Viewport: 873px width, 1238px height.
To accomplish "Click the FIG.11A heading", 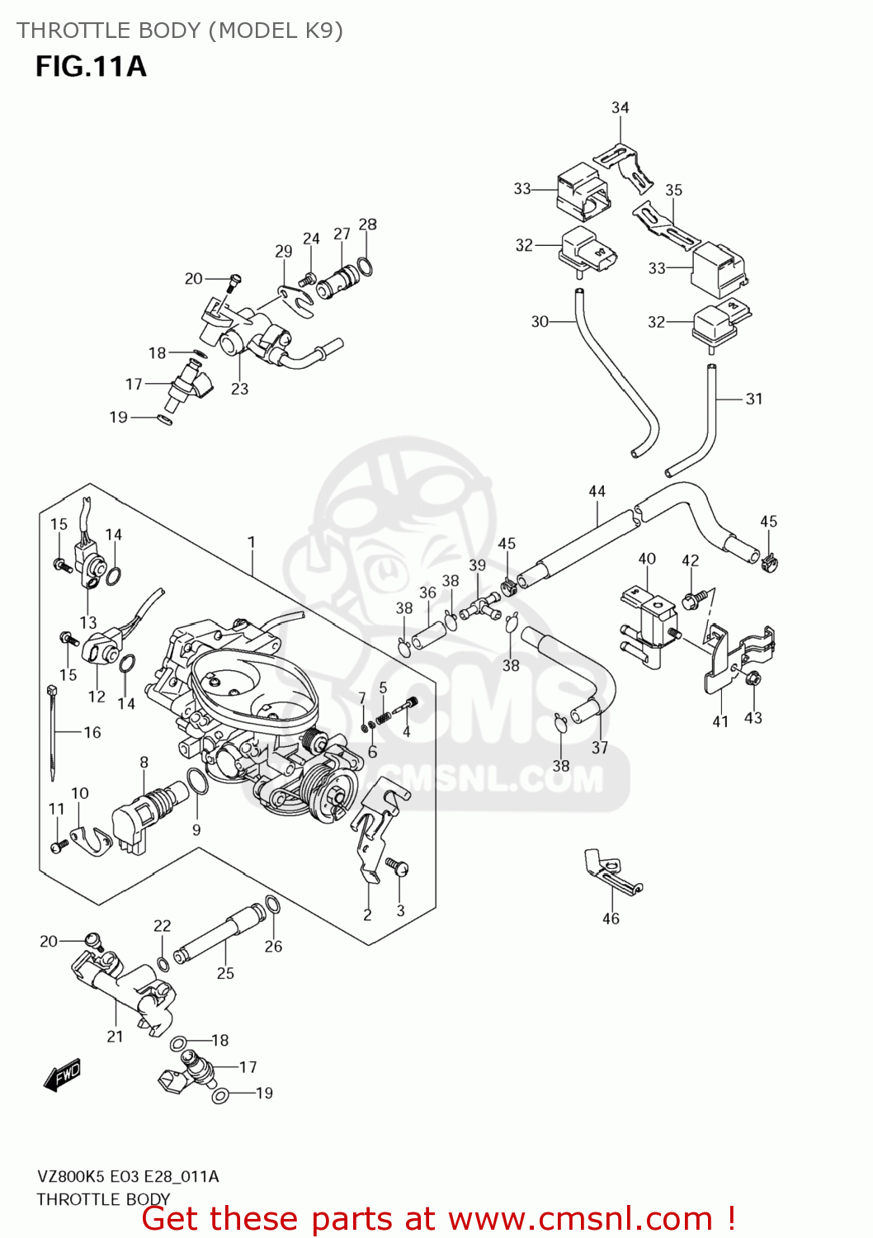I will [x=91, y=67].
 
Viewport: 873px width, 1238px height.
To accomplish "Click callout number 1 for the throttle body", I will [x=251, y=542].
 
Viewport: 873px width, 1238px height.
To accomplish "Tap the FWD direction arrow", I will [x=63, y=1075].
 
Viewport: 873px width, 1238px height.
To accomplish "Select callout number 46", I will [x=611, y=919].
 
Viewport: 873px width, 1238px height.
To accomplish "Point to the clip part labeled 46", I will [x=611, y=870].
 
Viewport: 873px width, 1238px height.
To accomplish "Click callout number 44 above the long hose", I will [x=597, y=491].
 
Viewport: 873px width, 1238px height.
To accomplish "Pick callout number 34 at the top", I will [x=620, y=107].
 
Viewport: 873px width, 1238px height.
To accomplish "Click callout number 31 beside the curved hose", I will [x=754, y=399].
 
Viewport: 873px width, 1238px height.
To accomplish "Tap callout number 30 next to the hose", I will [x=540, y=321].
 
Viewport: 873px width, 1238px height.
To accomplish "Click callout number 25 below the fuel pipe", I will [x=225, y=973].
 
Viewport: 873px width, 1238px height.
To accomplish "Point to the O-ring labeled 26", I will [x=272, y=905].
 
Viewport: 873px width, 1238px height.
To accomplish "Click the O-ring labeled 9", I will [x=197, y=781].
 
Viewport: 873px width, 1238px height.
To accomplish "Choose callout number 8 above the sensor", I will [x=144, y=762].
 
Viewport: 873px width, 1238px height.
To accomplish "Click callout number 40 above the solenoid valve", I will [x=647, y=559].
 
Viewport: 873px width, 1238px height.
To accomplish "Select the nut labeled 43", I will [x=752, y=678].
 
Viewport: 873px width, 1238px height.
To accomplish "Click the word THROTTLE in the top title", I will [x=61, y=31].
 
